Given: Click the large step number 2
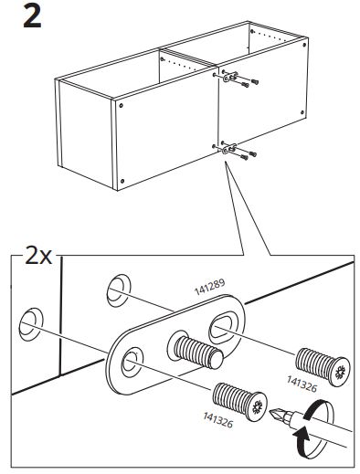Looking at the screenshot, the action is tap(32, 17).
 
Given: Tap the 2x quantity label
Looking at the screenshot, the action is tap(38, 256).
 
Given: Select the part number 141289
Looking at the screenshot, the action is tap(209, 287).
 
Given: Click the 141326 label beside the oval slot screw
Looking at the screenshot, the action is tap(302, 384).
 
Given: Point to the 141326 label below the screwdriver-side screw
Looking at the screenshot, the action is tap(218, 420).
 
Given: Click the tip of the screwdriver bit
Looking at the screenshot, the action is tap(270, 412).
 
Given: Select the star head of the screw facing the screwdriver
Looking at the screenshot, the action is tap(258, 406).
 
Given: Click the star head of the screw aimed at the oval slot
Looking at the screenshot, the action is tap(341, 372).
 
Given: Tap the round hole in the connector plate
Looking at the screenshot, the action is tap(132, 363).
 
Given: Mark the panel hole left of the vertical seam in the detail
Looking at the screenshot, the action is tap(31, 324).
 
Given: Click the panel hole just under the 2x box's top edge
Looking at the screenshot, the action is tap(119, 290).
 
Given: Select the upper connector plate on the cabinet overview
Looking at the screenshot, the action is tap(230, 77).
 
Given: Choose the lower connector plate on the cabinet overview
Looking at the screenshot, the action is tap(229, 148).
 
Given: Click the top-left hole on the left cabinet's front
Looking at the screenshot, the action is tap(122, 105).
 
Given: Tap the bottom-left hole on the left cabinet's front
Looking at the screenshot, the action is tap(122, 181).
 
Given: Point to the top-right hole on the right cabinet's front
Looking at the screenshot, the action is tap(304, 45).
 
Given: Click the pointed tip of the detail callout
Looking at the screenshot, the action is tap(226, 162).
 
